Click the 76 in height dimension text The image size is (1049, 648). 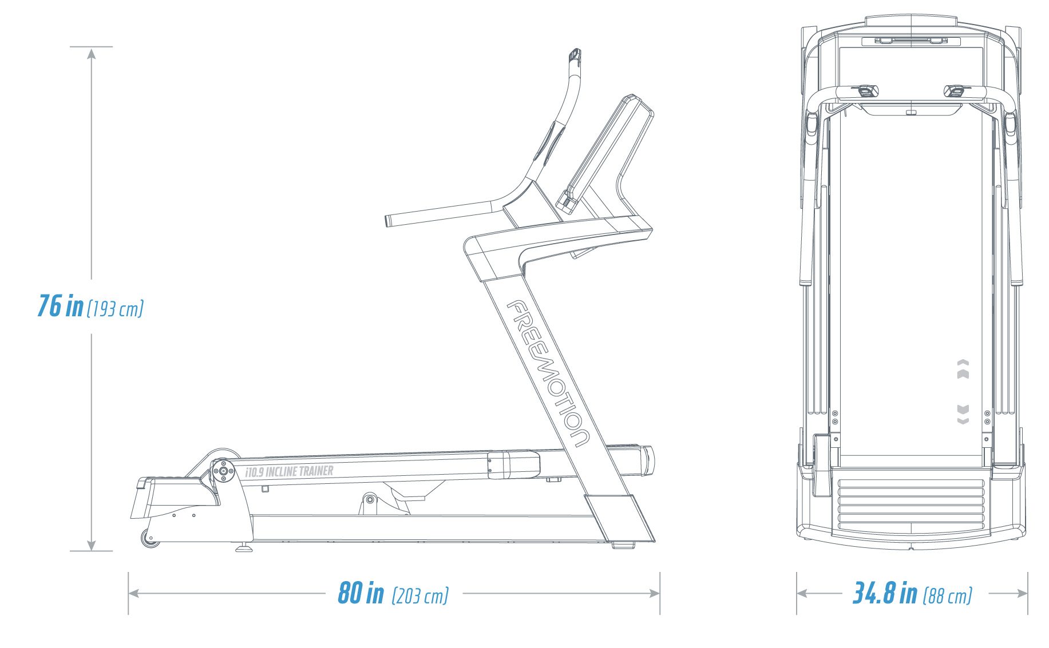point(60,305)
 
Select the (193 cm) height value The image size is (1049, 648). point(115,309)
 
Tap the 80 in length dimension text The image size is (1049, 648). point(361,593)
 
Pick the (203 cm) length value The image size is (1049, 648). point(420,596)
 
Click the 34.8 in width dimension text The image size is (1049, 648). point(885,593)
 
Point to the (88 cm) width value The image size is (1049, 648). point(948,596)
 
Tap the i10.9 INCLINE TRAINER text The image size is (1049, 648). point(289,472)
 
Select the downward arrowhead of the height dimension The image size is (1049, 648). point(92,545)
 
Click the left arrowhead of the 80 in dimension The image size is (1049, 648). point(134,593)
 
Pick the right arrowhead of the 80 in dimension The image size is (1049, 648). point(654,593)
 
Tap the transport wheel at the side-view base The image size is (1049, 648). point(151,538)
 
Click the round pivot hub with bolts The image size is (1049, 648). point(223,471)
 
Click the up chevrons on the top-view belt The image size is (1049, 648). point(963,369)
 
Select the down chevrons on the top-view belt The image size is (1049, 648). point(963,414)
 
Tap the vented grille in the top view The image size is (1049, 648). point(911,503)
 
